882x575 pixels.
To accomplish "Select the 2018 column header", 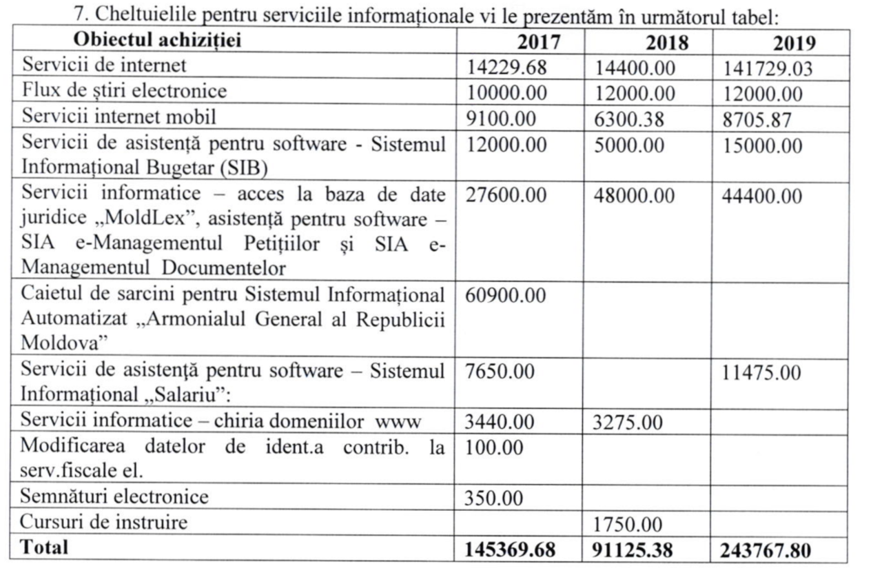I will pyautogui.click(x=666, y=43).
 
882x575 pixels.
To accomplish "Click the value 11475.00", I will pyautogui.click(x=762, y=374).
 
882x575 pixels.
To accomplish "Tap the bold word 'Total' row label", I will pyautogui.click(x=45, y=547).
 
